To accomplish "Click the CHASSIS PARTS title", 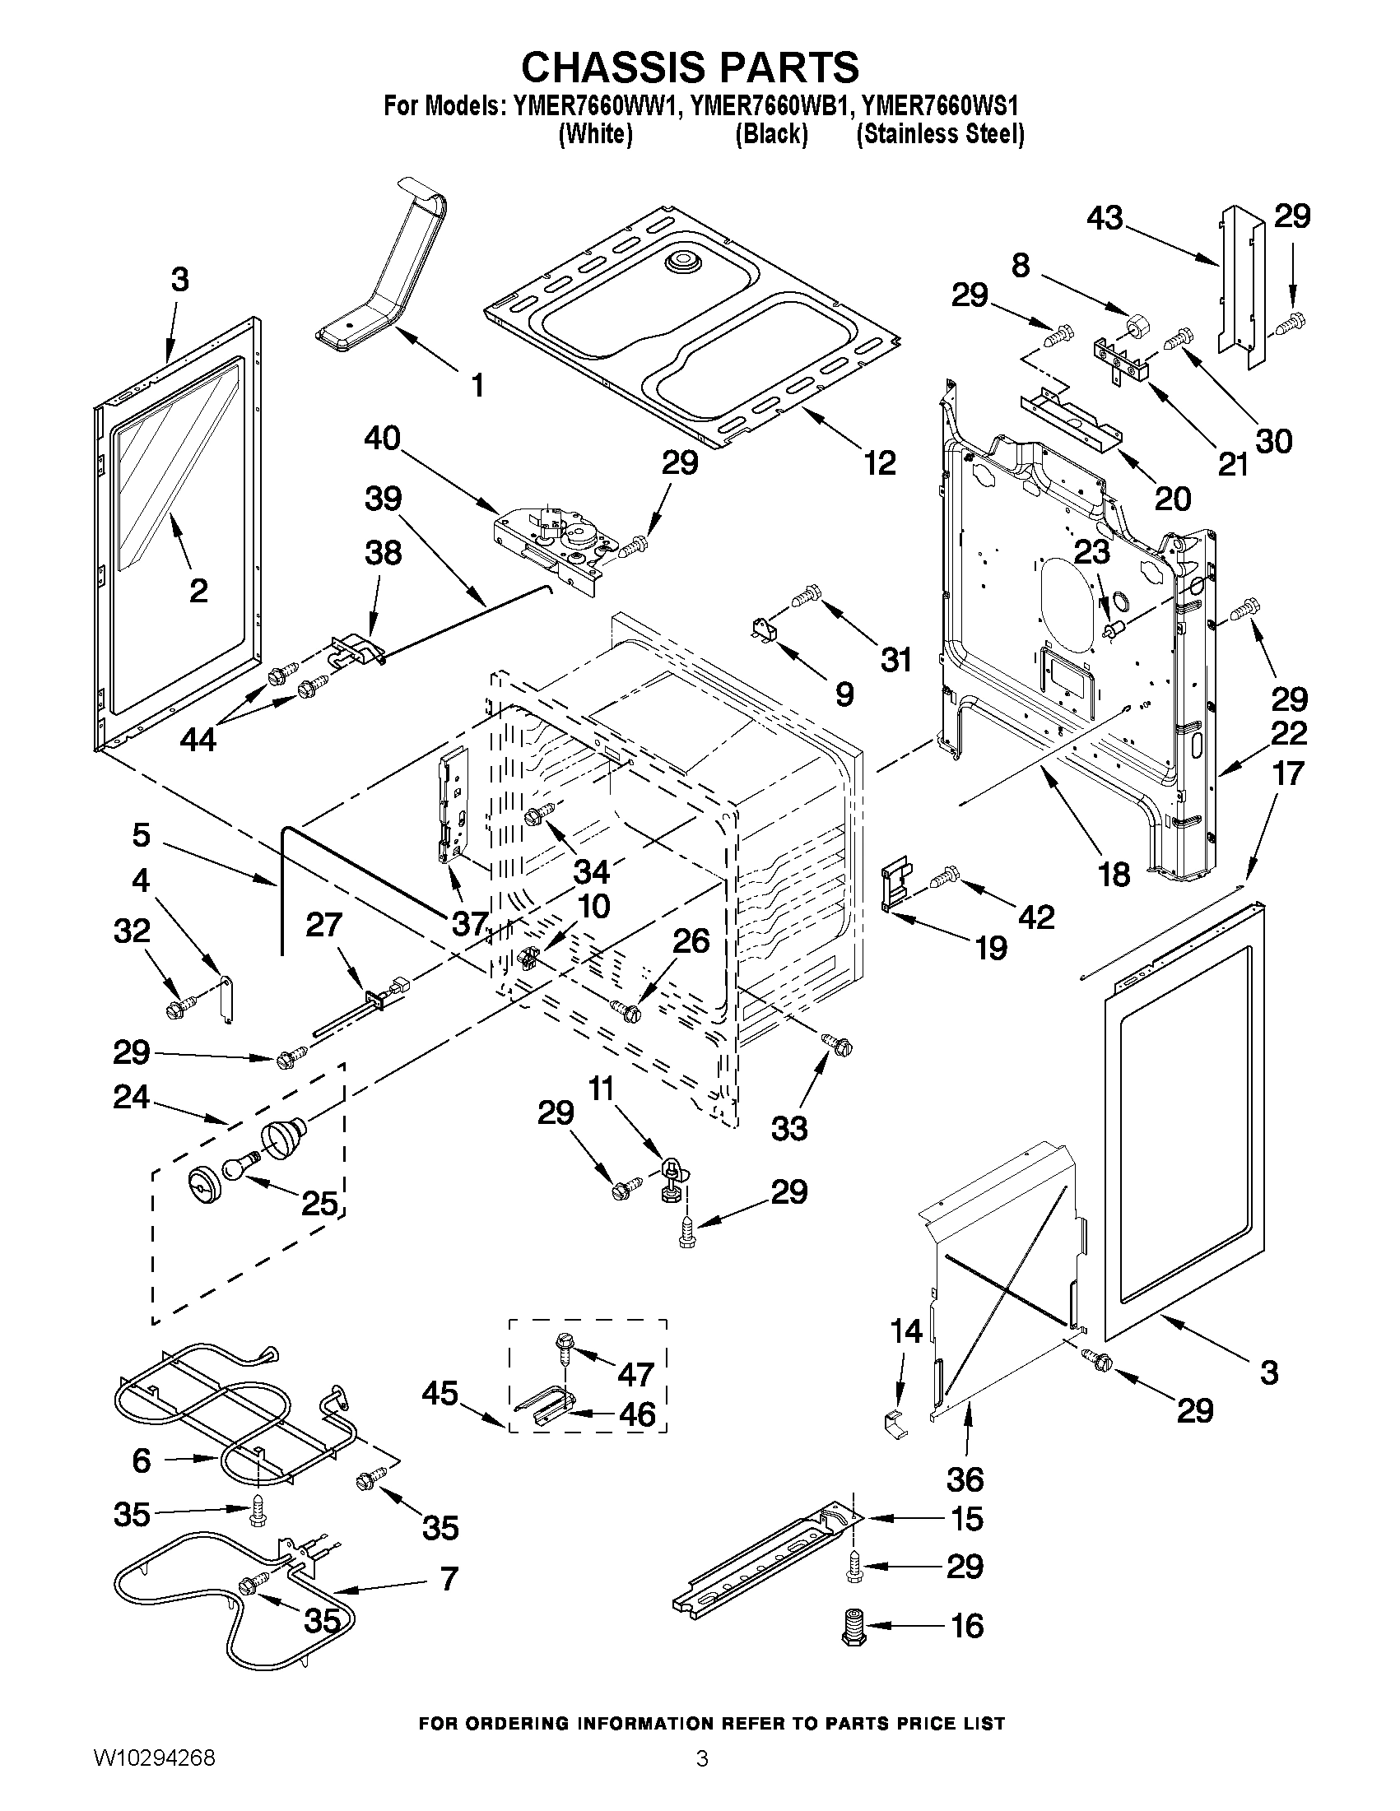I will tap(689, 67).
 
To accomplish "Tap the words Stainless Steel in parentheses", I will tap(940, 134).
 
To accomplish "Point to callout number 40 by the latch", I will tap(382, 438).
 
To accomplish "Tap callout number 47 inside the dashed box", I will tap(635, 1375).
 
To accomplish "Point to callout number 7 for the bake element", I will tap(448, 1580).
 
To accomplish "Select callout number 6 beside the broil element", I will tap(142, 1461).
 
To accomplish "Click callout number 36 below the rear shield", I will tap(965, 1479).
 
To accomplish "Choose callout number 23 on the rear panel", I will tap(1092, 553).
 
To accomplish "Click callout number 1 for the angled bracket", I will tap(477, 386).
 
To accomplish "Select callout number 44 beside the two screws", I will tap(198, 738).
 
